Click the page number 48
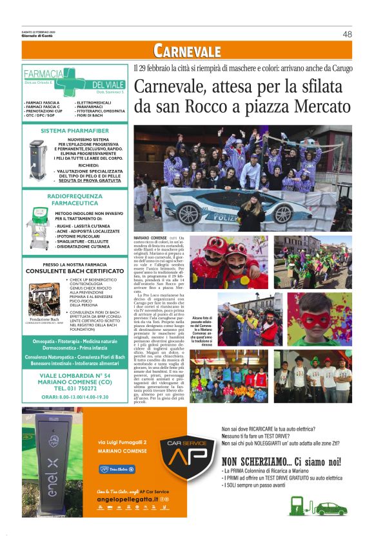point(347,34)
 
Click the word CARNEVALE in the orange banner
point(187,51)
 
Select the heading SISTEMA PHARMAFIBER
point(76,131)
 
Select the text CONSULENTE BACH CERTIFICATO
point(75,272)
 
